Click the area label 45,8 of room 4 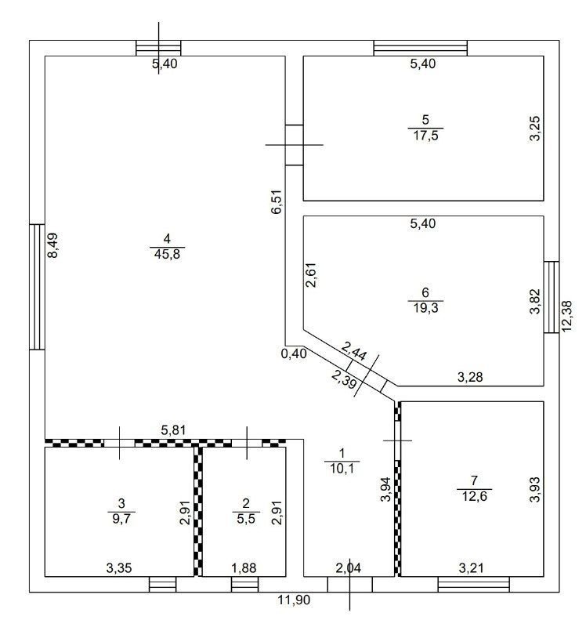tap(167, 254)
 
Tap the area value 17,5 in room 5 tap(425, 135)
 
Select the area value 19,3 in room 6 tap(425, 307)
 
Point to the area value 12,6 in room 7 tap(475, 496)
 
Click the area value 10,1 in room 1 tap(342, 468)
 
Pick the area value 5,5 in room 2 tap(246, 519)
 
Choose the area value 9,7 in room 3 tap(121, 519)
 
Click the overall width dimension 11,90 tap(294, 600)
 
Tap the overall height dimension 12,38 tap(567, 316)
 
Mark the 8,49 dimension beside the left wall tap(52, 245)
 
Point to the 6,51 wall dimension tap(277, 202)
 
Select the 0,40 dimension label tap(294, 353)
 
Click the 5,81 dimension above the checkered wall tap(173, 429)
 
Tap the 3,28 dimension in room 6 tap(470, 377)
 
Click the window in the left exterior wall tap(37, 287)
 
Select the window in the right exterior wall tap(552, 297)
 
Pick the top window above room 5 tap(421, 48)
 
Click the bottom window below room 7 tap(474, 584)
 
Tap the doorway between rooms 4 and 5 tap(295, 145)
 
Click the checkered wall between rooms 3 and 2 tap(198, 512)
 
